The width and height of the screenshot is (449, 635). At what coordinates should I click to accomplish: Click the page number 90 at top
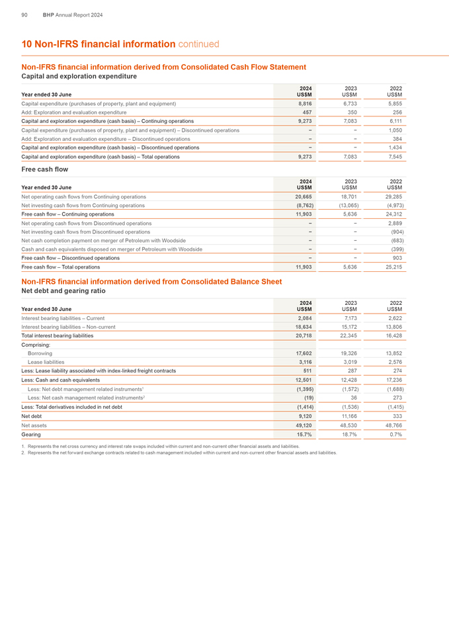[x=24, y=14]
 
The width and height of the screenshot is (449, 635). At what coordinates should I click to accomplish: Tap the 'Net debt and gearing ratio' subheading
[x=63, y=290]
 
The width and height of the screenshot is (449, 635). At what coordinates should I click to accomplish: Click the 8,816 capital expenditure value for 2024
[x=305, y=104]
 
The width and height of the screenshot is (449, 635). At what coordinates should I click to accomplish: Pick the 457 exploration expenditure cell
[x=307, y=113]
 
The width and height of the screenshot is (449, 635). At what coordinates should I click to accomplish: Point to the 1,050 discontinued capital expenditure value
[x=393, y=130]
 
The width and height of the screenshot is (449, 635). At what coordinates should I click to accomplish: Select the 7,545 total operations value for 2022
[x=393, y=157]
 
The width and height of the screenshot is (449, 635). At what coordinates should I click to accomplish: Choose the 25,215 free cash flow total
[x=392, y=267]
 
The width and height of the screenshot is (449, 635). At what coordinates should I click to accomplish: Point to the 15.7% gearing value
[x=304, y=435]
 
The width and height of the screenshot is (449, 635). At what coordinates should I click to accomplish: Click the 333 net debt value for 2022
[x=396, y=417]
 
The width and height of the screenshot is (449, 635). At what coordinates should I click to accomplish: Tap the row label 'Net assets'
[x=35, y=426]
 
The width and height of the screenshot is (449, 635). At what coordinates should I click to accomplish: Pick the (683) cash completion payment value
[x=394, y=241]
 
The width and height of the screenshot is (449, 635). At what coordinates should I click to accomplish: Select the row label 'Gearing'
[x=31, y=435]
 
